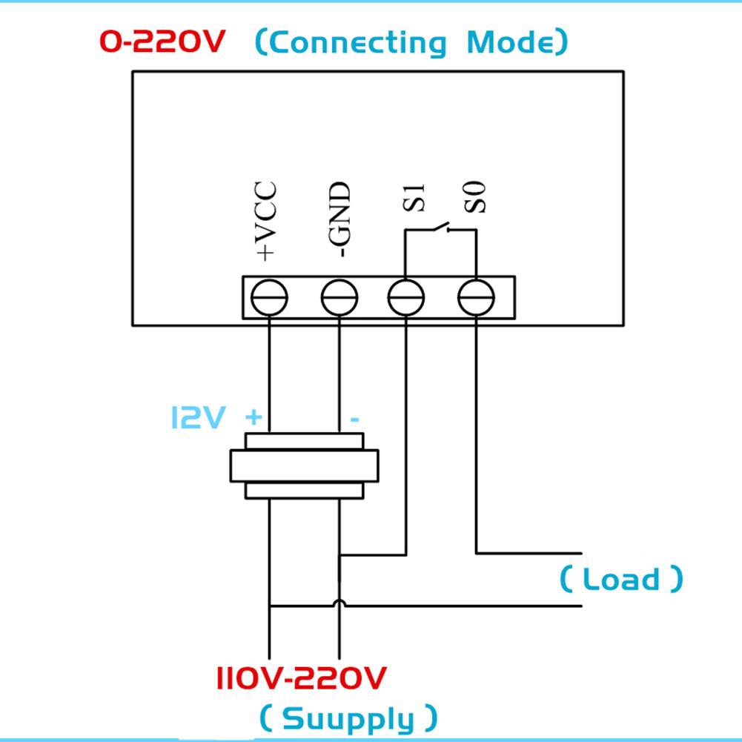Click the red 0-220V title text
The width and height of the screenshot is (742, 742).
click(162, 42)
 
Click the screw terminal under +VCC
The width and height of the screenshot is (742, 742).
click(269, 299)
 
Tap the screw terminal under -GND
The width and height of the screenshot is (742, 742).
click(339, 299)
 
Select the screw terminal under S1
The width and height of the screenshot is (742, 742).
click(406, 299)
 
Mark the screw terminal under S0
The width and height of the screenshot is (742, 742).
click(476, 299)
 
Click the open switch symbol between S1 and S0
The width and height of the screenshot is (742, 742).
click(441, 227)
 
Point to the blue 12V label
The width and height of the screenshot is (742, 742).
click(197, 417)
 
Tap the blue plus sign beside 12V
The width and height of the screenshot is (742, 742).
click(254, 417)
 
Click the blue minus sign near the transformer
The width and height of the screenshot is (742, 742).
click(355, 420)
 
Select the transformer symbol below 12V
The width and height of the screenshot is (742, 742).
click(304, 466)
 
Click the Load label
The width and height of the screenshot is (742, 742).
click(621, 579)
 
